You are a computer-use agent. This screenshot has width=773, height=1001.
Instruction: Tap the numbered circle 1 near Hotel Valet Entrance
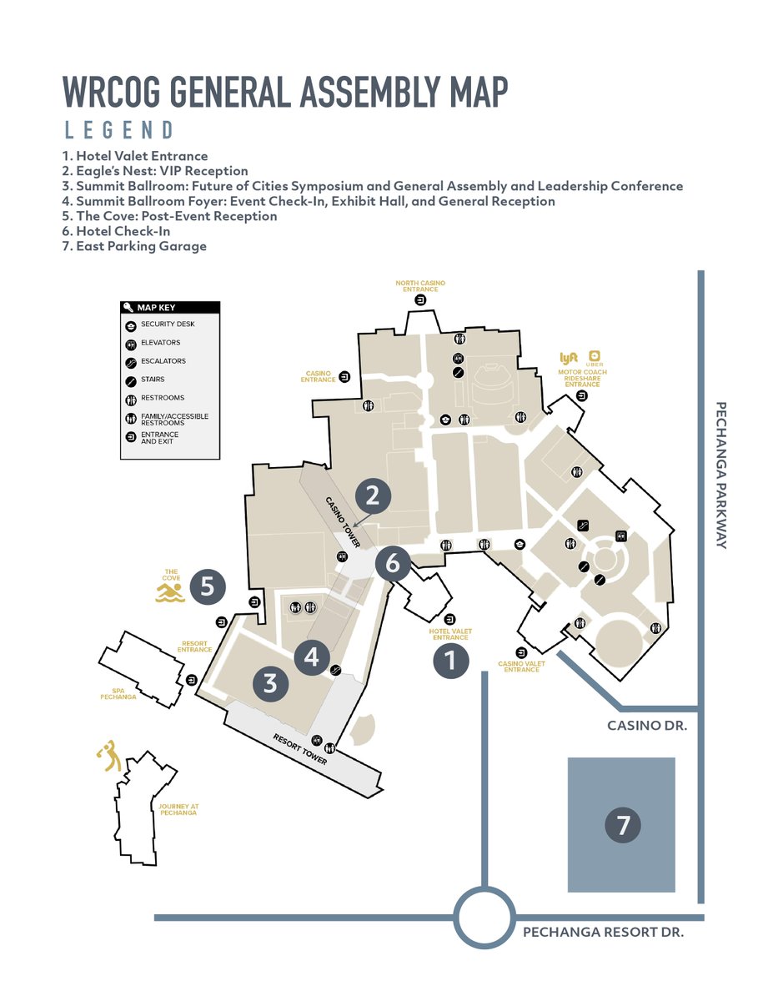450,661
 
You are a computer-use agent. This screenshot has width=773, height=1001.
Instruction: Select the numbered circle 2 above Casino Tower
373,495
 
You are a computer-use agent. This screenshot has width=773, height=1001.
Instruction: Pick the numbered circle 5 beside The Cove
208,587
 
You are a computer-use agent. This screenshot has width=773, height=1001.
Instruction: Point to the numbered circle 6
392,564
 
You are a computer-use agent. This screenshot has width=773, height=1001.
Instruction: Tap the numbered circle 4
312,656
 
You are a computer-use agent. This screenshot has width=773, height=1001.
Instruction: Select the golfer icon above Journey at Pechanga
108,755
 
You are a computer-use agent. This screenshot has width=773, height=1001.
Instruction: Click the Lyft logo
569,358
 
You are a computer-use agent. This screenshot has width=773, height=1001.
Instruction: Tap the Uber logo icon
595,356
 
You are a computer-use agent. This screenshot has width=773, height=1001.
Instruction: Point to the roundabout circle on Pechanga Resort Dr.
484,918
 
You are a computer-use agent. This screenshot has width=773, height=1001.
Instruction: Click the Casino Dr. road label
647,726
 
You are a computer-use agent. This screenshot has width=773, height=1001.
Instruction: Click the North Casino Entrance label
420,286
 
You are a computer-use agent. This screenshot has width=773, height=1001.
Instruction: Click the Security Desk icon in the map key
131,324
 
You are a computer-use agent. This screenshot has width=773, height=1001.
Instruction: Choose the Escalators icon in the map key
131,361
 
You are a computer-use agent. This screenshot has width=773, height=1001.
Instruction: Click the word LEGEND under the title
118,130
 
